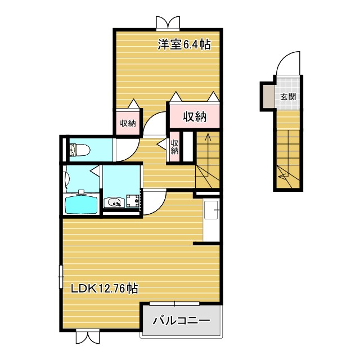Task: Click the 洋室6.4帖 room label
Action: click(184, 44)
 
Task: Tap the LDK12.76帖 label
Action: click(105, 288)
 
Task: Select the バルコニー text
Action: click(181, 321)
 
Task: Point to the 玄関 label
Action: click(289, 96)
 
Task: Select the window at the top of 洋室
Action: click(169, 22)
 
